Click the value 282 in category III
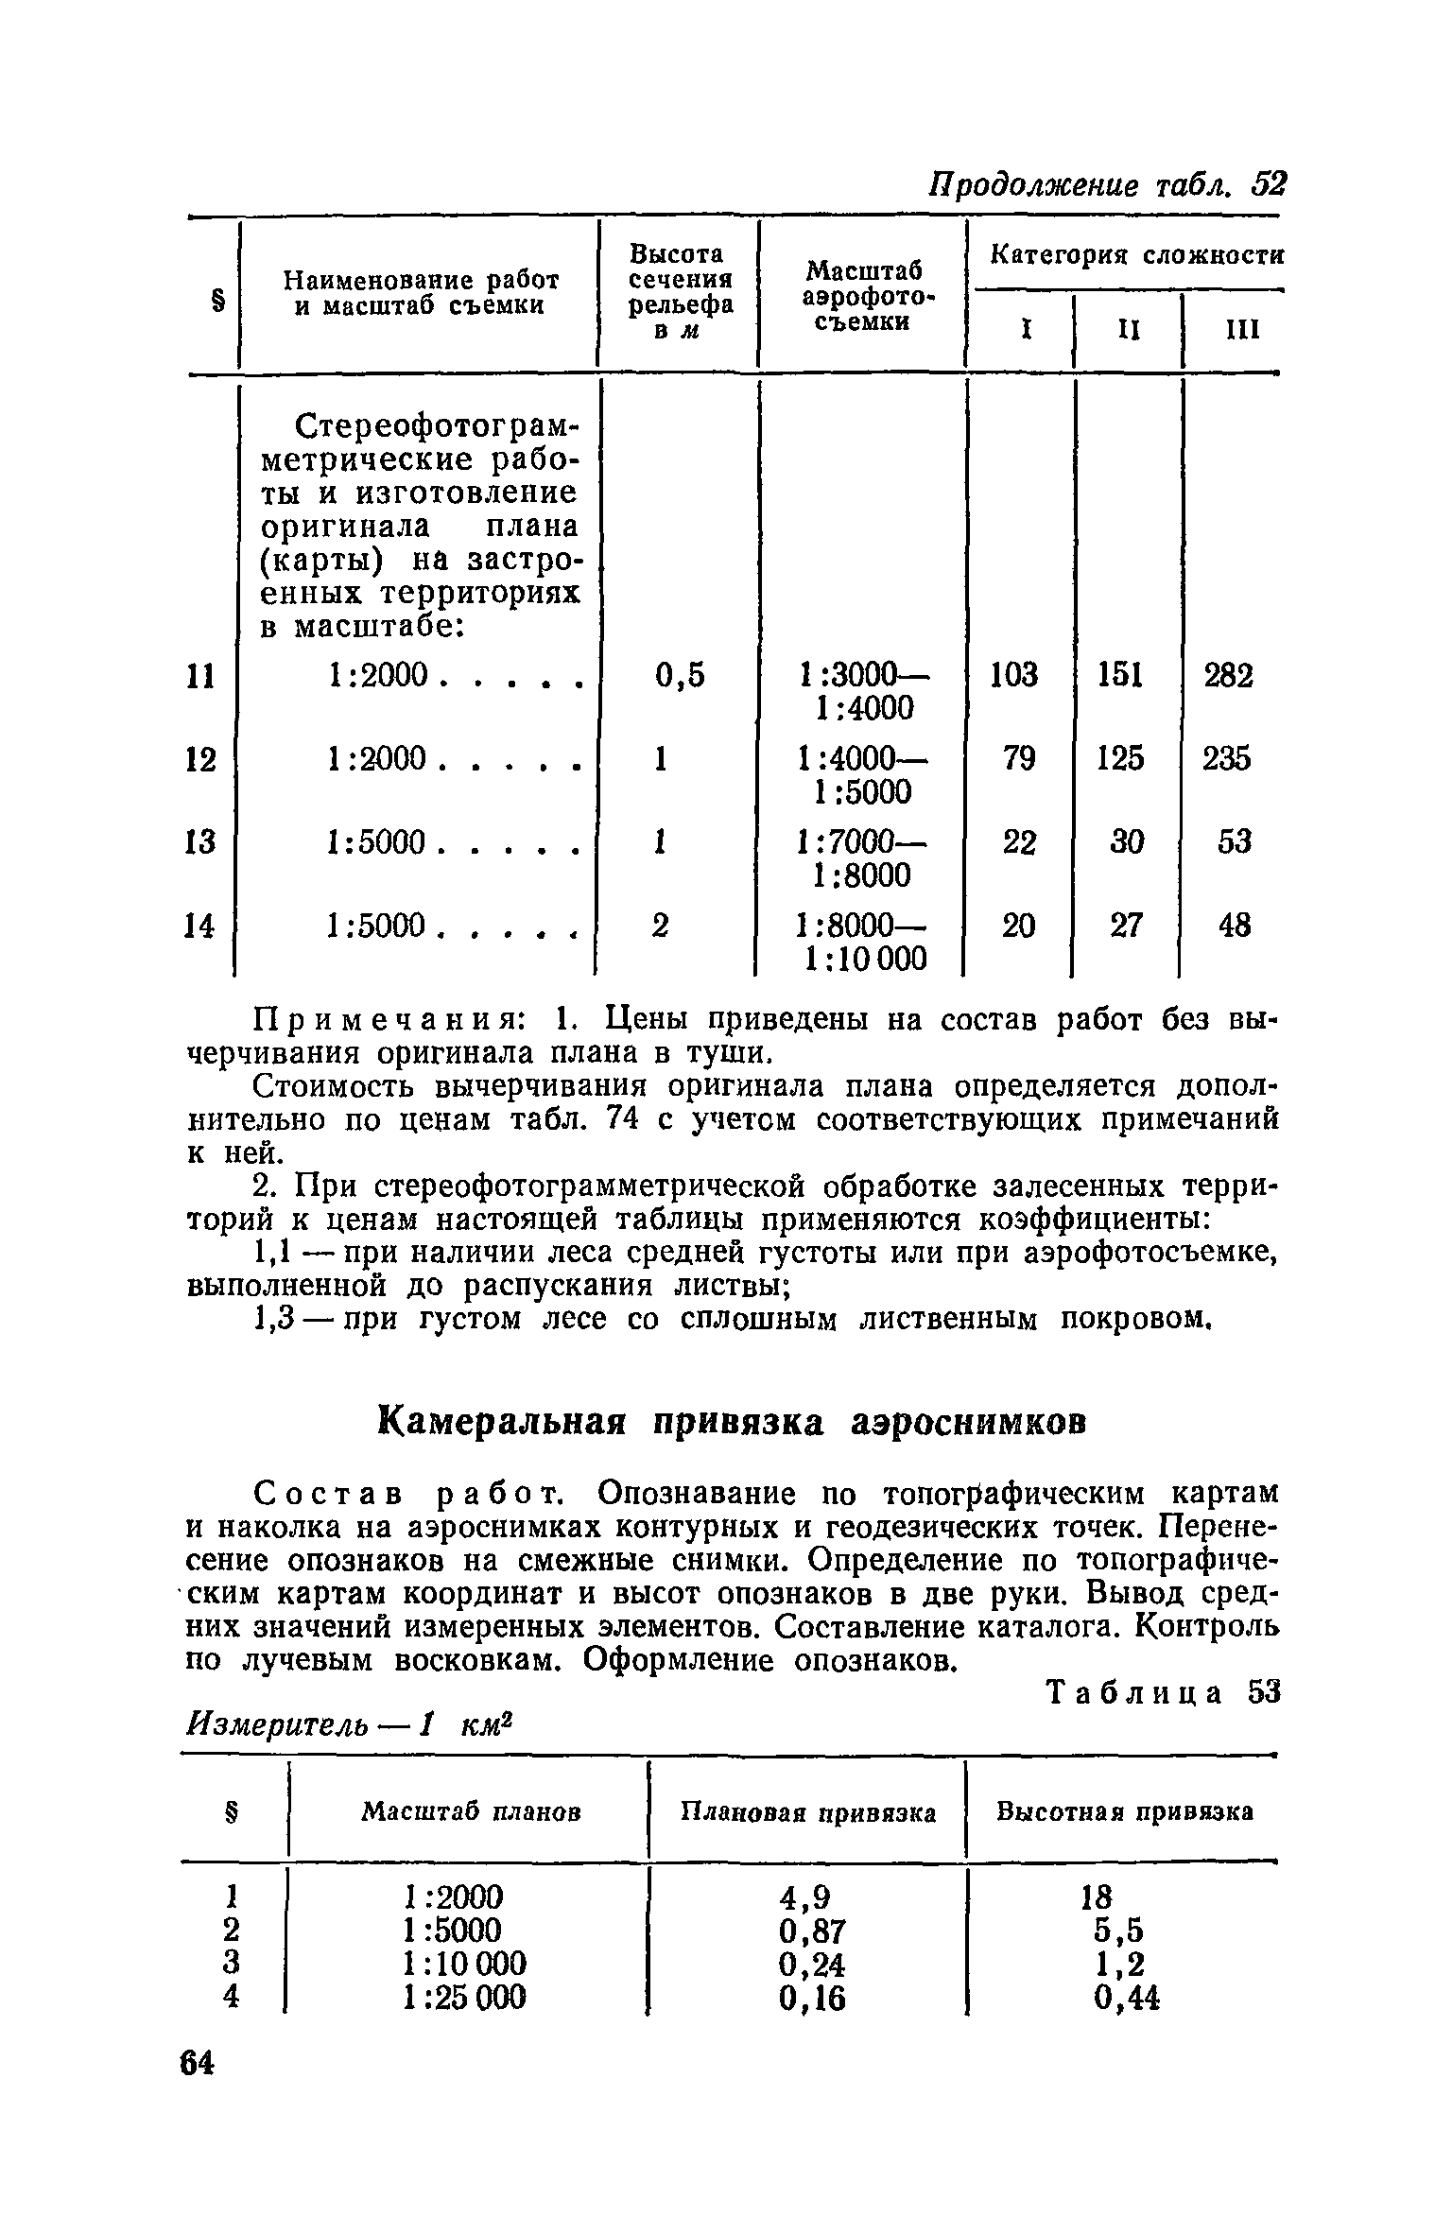tap(1227, 676)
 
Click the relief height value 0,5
tap(680, 676)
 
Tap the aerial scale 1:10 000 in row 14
tap(862, 959)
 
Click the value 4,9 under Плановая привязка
tap(805, 1897)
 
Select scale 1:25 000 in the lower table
tap(463, 1998)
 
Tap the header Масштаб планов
tap(472, 1812)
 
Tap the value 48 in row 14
tap(1235, 925)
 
